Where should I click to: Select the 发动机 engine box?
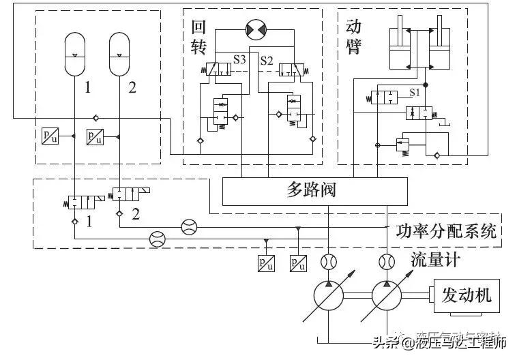pos(466,296)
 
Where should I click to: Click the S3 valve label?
pos(239,61)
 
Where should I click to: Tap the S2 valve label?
pos(266,61)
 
